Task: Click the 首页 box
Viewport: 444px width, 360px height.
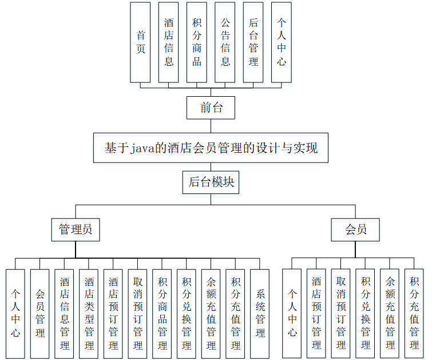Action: tap(140, 42)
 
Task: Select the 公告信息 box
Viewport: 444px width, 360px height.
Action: tap(225, 42)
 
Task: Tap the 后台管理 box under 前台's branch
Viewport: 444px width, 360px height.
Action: tap(253, 42)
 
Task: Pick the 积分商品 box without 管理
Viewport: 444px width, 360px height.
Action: tap(197, 42)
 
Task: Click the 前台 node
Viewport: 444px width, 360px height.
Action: tap(211, 108)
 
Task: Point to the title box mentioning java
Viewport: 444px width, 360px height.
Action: tap(211, 148)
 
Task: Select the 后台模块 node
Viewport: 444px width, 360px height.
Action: tap(211, 183)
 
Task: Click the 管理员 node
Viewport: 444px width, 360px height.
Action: tap(75, 230)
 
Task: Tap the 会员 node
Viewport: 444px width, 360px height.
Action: tap(355, 230)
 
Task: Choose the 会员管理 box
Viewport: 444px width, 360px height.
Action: tap(40, 314)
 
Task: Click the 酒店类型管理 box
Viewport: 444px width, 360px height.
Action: tap(89, 314)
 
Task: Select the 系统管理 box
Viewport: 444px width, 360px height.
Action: tap(260, 314)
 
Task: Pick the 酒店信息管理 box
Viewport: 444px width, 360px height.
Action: tap(65, 314)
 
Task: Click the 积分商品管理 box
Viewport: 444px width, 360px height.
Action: tap(162, 314)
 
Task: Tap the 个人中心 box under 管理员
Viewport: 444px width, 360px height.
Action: tap(15, 314)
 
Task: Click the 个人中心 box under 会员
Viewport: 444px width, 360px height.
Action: tap(292, 314)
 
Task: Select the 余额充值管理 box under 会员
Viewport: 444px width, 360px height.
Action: tap(390, 314)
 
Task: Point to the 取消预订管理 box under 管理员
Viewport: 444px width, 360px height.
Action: tap(137, 314)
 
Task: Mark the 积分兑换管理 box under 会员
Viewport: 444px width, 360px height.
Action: tap(365, 314)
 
